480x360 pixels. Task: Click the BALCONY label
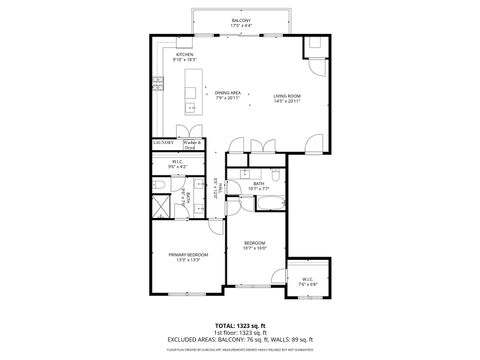240,21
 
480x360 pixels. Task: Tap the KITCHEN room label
184,58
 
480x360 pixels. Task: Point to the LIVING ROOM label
287,96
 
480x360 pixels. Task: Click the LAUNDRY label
164,144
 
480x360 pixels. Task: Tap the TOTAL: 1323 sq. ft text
240,325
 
